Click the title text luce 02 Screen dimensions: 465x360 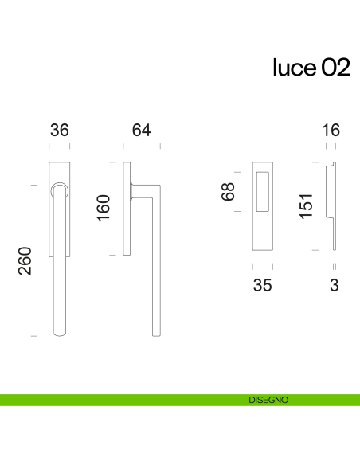(311, 68)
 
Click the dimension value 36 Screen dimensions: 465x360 (59, 131)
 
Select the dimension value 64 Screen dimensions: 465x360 (141, 131)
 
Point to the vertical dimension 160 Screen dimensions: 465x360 (103, 209)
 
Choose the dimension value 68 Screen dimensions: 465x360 (230, 192)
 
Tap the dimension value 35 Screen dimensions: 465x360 (261, 285)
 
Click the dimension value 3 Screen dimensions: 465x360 (334, 285)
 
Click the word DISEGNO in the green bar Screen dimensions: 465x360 (268, 400)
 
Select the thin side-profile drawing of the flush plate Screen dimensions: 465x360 (332, 207)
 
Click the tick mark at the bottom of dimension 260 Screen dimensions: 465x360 (33, 337)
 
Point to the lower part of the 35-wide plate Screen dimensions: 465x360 (261, 231)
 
